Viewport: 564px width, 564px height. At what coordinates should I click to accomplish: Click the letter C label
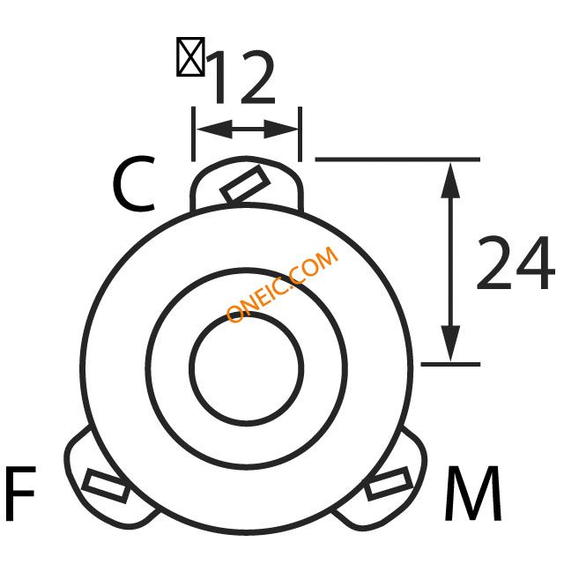tap(133, 183)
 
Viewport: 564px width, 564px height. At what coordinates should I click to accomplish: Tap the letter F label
tap(20, 493)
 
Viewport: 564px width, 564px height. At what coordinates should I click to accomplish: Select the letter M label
tap(473, 493)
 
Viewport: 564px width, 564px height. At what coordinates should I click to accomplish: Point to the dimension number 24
tap(516, 263)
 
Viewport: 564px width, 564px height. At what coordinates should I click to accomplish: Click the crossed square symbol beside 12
tap(190, 56)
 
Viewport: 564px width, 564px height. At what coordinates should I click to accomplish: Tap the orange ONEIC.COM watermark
tap(282, 284)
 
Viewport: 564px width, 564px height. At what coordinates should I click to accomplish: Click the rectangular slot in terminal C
tap(245, 183)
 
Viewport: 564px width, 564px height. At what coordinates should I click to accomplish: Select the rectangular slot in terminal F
tap(106, 486)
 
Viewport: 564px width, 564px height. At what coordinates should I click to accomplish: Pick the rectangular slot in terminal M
tap(389, 484)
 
